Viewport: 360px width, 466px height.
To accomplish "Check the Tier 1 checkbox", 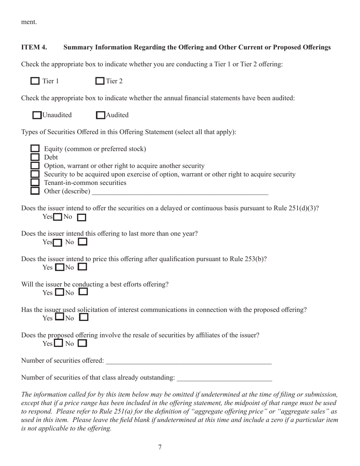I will point(35,81).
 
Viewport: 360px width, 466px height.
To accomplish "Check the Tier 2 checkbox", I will point(100,81).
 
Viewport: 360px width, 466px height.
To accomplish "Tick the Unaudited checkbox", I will point(37,115).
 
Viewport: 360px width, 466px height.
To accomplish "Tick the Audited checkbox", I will point(100,115).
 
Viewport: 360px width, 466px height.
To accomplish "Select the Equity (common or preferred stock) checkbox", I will point(35,149).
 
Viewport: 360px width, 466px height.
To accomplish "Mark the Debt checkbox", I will point(35,157).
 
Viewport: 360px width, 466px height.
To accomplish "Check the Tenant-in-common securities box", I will point(35,183).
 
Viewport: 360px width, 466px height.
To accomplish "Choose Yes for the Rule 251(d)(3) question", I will point(58,217).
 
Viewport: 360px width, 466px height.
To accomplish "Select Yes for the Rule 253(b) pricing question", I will point(59,267).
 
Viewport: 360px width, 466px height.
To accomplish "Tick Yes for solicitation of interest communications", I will point(59,317).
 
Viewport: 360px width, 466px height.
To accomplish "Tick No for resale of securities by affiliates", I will point(82,344).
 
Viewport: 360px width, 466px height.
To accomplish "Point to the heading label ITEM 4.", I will point(34,47).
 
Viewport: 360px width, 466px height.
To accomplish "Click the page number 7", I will point(160,447).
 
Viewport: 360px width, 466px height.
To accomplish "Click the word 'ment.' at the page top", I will point(29,22).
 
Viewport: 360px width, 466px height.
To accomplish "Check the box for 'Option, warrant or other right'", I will point(35,166).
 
